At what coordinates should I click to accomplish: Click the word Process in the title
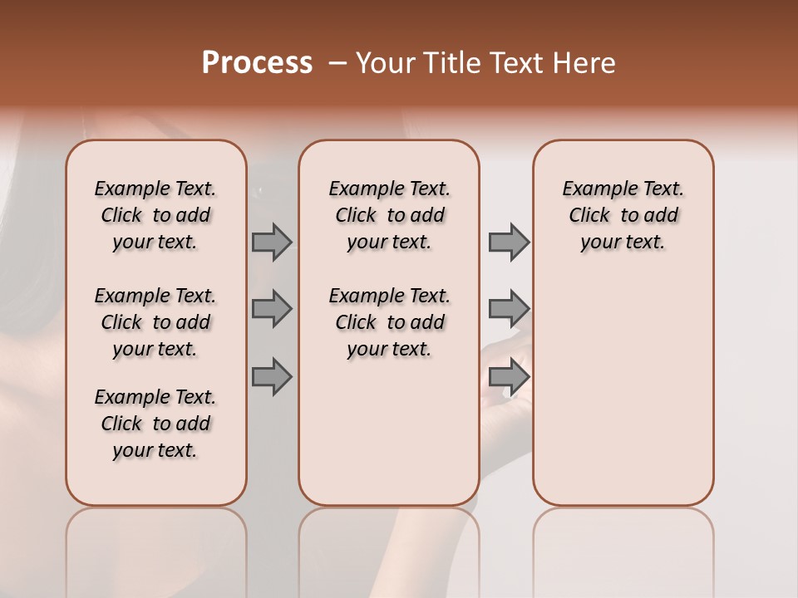[257, 63]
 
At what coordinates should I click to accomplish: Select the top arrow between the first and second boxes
[272, 242]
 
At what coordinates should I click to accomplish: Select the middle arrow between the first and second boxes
[272, 309]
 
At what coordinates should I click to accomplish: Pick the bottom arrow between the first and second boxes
[272, 376]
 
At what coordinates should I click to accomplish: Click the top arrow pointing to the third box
[509, 242]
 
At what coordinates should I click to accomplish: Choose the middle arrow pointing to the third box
[509, 309]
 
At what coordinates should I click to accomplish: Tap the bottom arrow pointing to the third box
[509, 376]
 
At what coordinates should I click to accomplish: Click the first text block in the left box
[155, 215]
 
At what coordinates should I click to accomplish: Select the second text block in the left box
[155, 322]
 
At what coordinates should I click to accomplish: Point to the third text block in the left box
[155, 424]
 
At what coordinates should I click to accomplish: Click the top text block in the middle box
[389, 215]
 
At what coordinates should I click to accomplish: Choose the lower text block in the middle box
[389, 322]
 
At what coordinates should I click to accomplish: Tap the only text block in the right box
[623, 215]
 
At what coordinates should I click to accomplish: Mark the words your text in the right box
[623, 242]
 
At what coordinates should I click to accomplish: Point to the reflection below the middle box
[389, 548]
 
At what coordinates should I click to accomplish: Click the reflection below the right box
[623, 548]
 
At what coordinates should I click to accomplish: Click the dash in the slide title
[337, 63]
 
